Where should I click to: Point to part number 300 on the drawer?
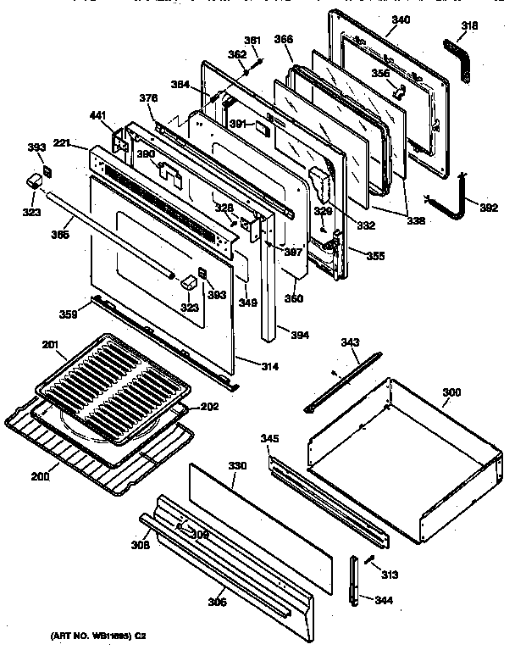452,393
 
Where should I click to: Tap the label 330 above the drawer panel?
237,465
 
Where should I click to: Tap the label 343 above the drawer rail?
351,342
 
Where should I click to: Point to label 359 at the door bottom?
68,314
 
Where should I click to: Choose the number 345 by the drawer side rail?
269,438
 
